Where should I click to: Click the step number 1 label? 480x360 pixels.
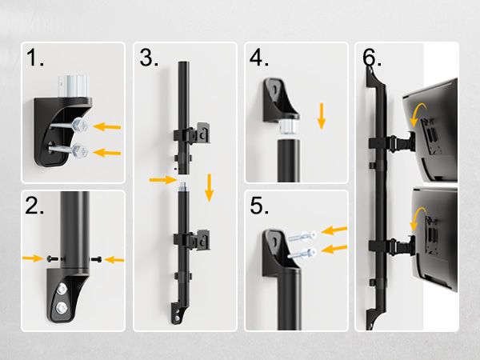point(35,58)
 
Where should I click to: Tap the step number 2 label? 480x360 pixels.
point(34,206)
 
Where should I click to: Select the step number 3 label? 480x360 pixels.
point(149,58)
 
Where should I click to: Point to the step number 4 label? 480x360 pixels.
point(259,58)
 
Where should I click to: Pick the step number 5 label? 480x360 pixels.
point(259,206)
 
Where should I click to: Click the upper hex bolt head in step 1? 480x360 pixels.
point(81,125)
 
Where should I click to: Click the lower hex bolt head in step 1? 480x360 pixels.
point(81,151)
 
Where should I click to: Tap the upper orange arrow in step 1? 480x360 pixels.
point(107,126)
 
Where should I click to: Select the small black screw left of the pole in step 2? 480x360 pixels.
point(52,259)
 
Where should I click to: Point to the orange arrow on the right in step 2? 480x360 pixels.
point(114,260)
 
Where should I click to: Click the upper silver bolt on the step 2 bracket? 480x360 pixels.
point(62,289)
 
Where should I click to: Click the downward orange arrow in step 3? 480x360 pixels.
point(209,188)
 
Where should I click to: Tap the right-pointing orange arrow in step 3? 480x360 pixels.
point(163,179)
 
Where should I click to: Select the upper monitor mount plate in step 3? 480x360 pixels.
point(202,133)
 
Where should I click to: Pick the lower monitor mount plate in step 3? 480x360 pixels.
point(202,240)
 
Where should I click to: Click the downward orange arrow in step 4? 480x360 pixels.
point(321,116)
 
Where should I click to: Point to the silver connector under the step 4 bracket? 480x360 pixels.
point(289,127)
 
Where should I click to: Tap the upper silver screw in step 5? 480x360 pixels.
point(303,236)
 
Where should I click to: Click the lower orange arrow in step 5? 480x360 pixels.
point(334,249)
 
